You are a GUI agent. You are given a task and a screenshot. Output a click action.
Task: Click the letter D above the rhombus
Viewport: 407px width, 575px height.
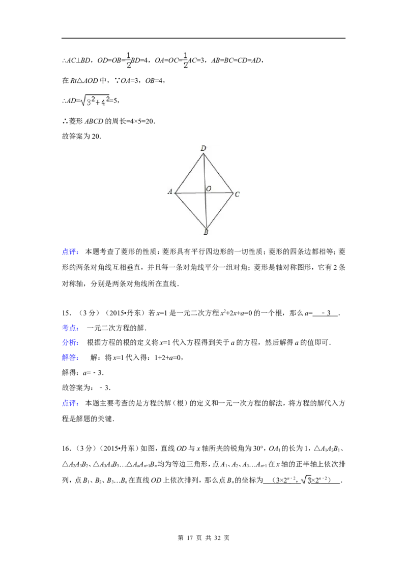point(203,148)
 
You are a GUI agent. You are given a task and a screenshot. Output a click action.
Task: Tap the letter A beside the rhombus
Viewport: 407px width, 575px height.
point(170,192)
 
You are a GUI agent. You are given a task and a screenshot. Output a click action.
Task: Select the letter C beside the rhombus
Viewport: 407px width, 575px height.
point(238,194)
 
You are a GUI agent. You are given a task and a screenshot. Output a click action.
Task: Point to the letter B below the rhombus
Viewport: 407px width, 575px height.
point(206,233)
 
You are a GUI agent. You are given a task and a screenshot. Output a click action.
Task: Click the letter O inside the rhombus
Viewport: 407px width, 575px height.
point(209,189)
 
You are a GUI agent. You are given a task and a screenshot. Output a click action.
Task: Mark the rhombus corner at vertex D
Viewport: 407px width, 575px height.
point(203,153)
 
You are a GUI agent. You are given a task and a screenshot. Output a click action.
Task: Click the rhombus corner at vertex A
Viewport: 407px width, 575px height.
point(175,193)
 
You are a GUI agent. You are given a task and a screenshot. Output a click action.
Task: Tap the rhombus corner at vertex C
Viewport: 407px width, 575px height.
point(233,193)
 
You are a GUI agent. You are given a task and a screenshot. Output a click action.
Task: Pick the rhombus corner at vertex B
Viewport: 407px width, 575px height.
point(206,228)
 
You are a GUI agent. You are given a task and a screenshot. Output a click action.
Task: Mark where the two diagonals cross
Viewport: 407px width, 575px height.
point(205,193)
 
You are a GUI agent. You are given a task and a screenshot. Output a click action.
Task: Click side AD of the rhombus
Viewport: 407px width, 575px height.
point(189,173)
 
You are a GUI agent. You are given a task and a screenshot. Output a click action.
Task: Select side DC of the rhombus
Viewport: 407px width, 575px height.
point(218,173)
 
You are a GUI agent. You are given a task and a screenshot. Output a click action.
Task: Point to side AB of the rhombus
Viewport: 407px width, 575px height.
point(190,210)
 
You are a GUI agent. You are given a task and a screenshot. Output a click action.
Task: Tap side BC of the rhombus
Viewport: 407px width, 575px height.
point(220,210)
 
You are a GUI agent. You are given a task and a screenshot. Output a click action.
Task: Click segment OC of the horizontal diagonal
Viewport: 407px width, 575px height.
point(219,193)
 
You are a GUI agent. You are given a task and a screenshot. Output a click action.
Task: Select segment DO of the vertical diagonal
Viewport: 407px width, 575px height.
point(204,173)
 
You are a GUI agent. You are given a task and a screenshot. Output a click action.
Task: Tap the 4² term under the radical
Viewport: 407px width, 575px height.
point(104,102)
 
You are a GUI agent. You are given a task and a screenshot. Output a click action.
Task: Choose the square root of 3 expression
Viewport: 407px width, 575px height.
point(305,480)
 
